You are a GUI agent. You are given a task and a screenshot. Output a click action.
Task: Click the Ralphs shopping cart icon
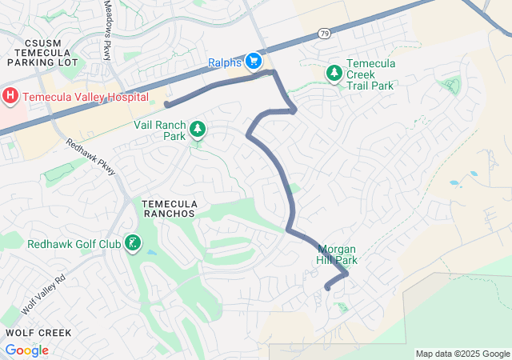click(x=254, y=61)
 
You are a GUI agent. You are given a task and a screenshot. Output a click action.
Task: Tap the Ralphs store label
click(x=225, y=62)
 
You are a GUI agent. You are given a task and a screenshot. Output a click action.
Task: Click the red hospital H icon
click(x=10, y=97)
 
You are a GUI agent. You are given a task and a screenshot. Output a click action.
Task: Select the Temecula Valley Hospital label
click(x=86, y=97)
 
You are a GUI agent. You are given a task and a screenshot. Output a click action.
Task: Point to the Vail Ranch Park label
click(x=159, y=131)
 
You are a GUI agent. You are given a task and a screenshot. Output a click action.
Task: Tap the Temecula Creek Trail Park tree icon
click(x=334, y=74)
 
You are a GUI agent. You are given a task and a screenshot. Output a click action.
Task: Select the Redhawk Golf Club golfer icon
click(x=133, y=242)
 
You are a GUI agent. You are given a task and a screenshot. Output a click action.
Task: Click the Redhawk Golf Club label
click(x=74, y=244)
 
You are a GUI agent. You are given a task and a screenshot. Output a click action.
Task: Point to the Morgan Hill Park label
click(x=337, y=254)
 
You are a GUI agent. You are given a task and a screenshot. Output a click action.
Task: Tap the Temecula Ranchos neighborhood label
click(x=170, y=209)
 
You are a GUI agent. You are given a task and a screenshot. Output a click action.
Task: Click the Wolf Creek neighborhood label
click(x=38, y=332)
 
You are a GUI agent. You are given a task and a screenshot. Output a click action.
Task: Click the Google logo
click(x=27, y=350)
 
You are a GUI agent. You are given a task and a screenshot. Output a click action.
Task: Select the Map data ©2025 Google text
click(x=462, y=354)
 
